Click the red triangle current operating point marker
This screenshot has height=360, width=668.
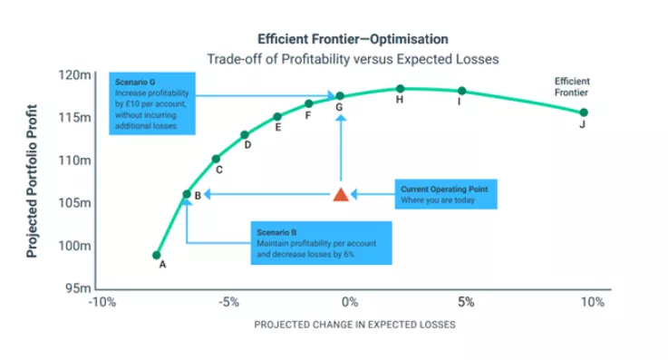click(341, 194)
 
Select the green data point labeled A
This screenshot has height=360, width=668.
click(157, 255)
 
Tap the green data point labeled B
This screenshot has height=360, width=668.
click(187, 194)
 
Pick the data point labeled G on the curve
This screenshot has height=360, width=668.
click(340, 96)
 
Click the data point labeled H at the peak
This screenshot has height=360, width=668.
click(400, 89)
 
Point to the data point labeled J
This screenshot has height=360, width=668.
click(584, 112)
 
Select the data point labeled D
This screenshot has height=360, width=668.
click(245, 135)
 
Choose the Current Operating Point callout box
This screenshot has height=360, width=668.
click(444, 195)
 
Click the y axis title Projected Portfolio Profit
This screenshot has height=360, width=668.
click(32, 181)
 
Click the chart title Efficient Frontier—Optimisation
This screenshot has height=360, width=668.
click(353, 39)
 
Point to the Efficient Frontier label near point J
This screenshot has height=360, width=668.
click(572, 87)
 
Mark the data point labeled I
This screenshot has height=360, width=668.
click(462, 91)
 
